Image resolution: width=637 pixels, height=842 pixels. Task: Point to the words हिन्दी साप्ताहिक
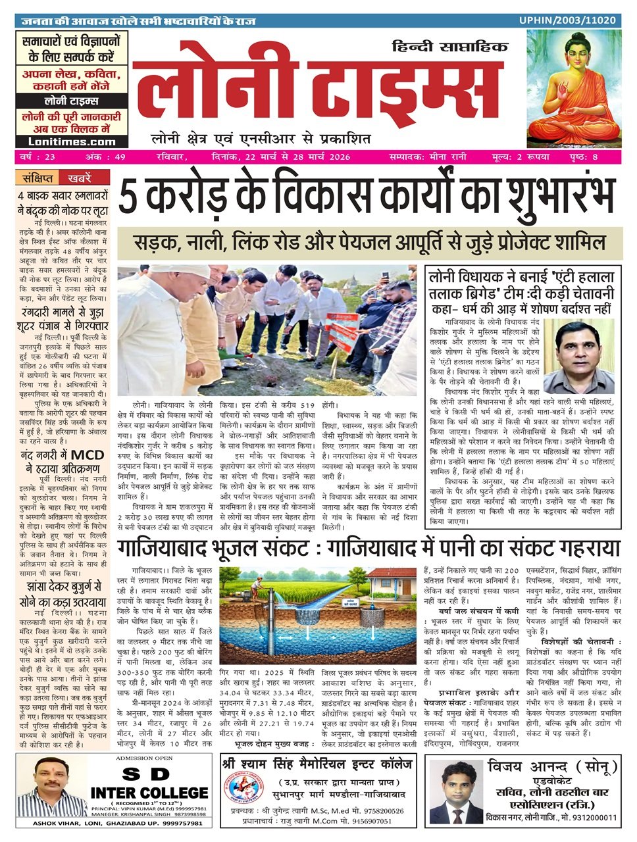point(451,47)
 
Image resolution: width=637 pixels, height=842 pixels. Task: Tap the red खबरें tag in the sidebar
point(74,178)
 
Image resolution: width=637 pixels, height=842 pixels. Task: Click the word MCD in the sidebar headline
point(88,453)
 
